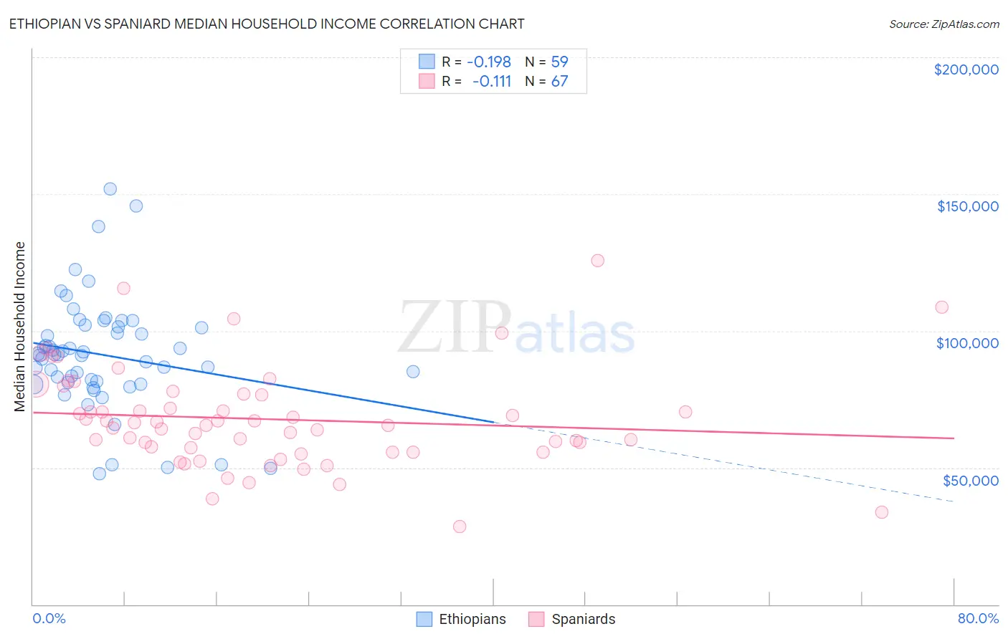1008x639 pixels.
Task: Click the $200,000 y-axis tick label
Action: (x=966, y=69)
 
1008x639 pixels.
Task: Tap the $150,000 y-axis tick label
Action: (x=967, y=206)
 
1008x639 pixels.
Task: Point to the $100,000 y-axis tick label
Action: (x=967, y=343)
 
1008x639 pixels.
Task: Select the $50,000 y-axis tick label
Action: (x=970, y=480)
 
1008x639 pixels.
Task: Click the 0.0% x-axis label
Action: (x=49, y=618)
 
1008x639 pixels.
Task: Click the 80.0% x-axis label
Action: (x=978, y=618)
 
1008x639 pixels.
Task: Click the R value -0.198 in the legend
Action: (x=489, y=62)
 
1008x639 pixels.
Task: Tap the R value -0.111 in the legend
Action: (x=492, y=82)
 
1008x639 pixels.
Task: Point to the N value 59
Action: (x=559, y=62)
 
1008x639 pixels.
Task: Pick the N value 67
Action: (x=559, y=82)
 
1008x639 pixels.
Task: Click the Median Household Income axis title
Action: (x=20, y=327)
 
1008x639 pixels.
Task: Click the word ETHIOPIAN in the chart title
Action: (x=50, y=24)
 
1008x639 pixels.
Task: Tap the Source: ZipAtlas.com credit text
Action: (x=943, y=24)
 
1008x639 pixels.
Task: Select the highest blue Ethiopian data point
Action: (x=110, y=189)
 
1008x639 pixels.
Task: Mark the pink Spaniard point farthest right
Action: (x=941, y=307)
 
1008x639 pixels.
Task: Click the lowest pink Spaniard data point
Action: (x=460, y=527)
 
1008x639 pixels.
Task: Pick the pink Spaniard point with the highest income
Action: (x=597, y=261)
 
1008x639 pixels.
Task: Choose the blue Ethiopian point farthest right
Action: (x=413, y=372)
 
